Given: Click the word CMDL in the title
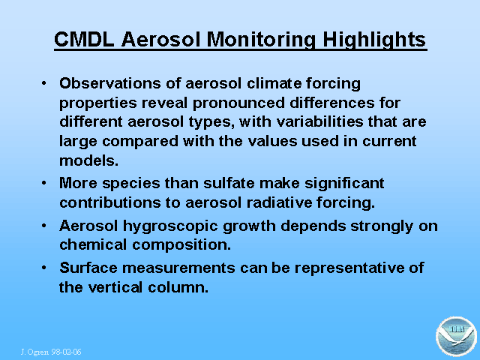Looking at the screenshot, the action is point(84,39).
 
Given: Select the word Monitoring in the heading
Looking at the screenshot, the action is point(261,40).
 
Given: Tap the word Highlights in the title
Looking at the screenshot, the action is point(374,40).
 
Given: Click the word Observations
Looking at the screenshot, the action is point(110,83).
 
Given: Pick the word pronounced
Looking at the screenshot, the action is point(238,103).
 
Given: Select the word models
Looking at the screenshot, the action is point(88,160).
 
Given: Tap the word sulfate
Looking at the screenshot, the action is point(229,183).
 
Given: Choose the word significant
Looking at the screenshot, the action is point(344,184).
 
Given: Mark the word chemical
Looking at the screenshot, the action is point(93,244).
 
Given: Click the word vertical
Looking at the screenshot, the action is point(115,287).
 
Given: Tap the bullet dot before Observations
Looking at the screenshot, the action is point(44,83).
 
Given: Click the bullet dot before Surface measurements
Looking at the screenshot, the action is point(44,268).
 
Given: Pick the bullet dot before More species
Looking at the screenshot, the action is point(44,183).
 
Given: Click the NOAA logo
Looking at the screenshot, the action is point(457,337).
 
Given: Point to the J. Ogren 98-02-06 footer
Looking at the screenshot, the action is point(51,352).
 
